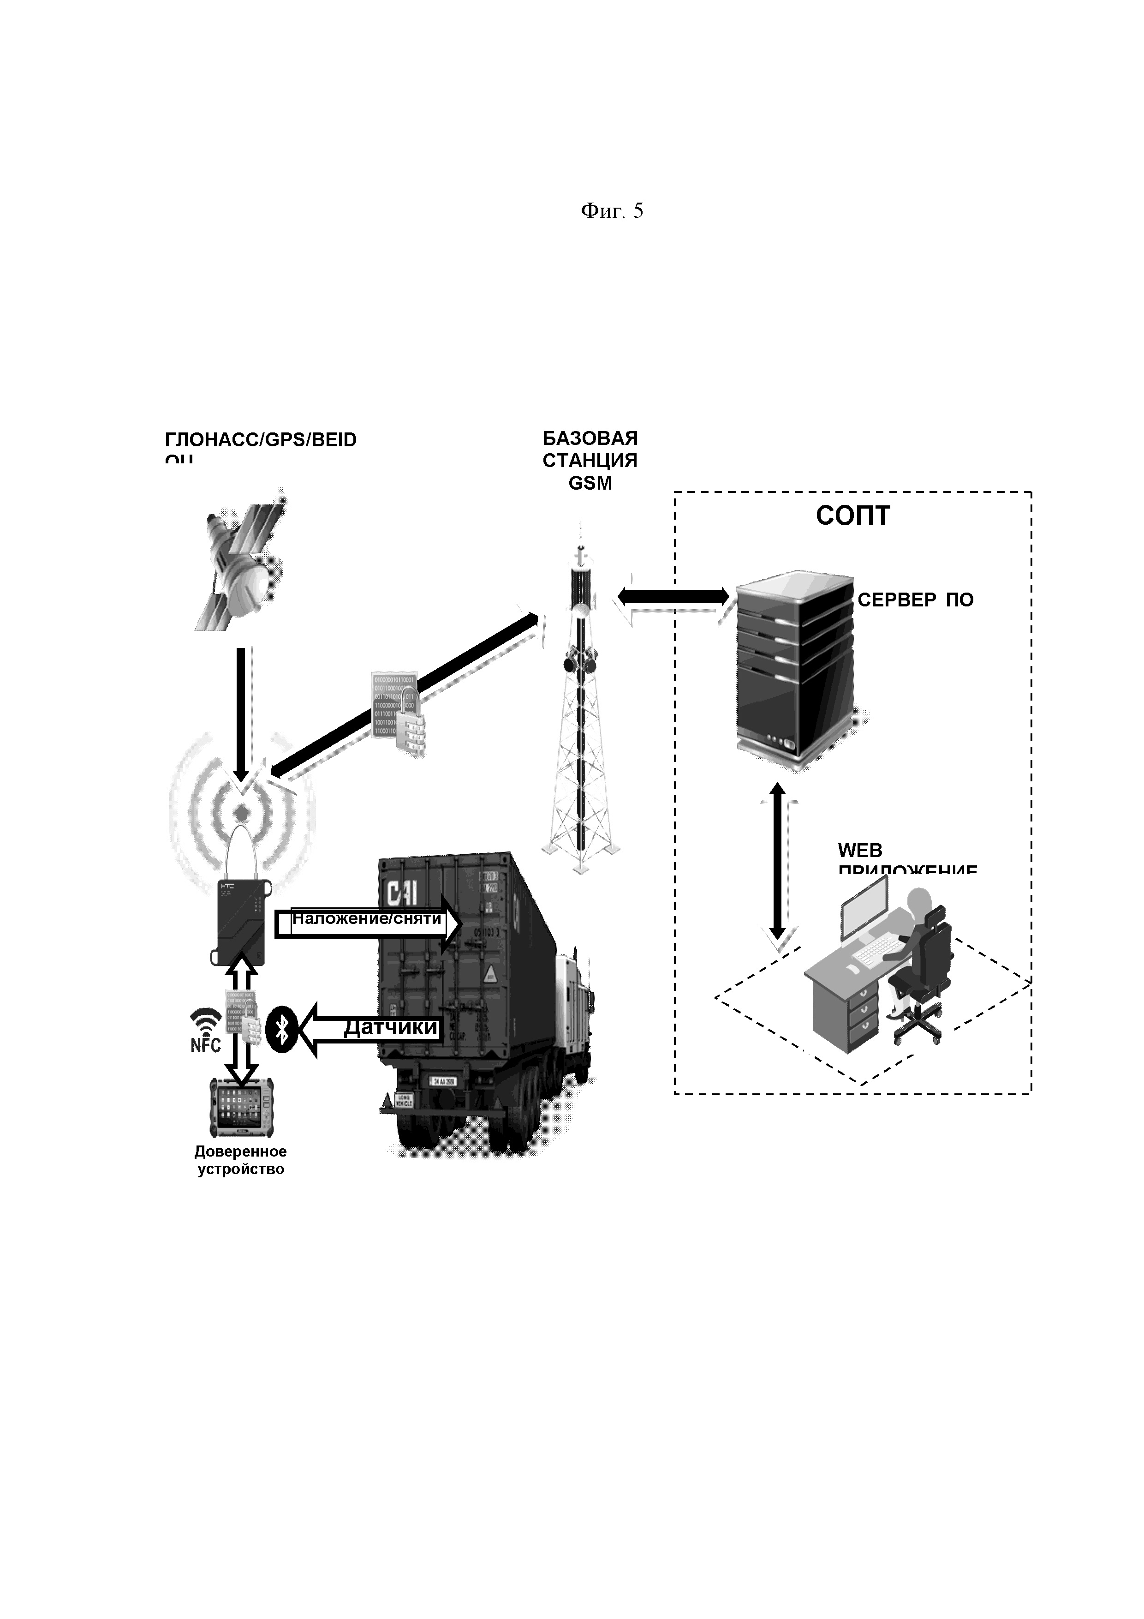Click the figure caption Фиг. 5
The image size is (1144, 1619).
(611, 211)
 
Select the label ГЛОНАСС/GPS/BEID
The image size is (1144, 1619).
(260, 441)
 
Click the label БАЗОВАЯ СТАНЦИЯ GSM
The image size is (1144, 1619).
(590, 461)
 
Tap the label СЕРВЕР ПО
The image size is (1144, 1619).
(915, 600)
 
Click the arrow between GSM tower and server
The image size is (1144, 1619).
(673, 597)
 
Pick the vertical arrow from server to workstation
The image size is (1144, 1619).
(777, 861)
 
